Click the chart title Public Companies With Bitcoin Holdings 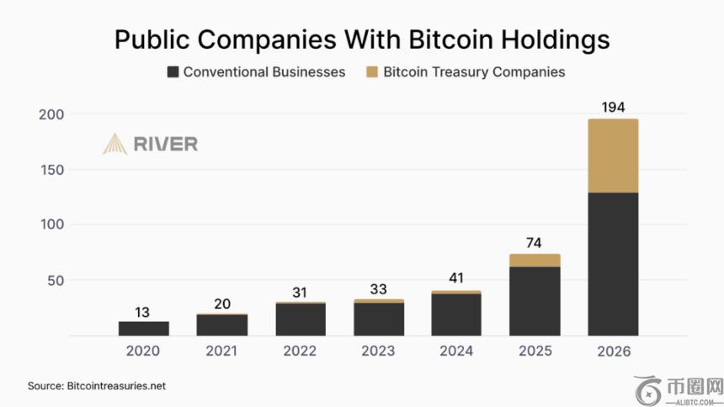coord(362,39)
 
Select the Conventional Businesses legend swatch coord(173,72)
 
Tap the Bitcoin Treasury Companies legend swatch coord(372,72)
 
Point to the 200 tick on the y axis coord(52,114)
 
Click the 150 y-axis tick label coord(52,169)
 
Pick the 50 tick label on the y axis coord(56,280)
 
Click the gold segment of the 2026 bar coord(613,156)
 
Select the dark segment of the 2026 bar coord(613,264)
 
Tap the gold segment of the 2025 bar coord(535,260)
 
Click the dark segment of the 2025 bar coord(535,301)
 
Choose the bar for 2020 coord(143,329)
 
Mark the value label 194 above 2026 coord(613,108)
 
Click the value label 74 coord(535,243)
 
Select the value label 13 coord(143,311)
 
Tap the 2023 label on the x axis coord(378,351)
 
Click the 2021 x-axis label coord(221,351)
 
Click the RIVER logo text coord(165,144)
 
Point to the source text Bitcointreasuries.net coord(115,386)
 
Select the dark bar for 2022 coord(301,320)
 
